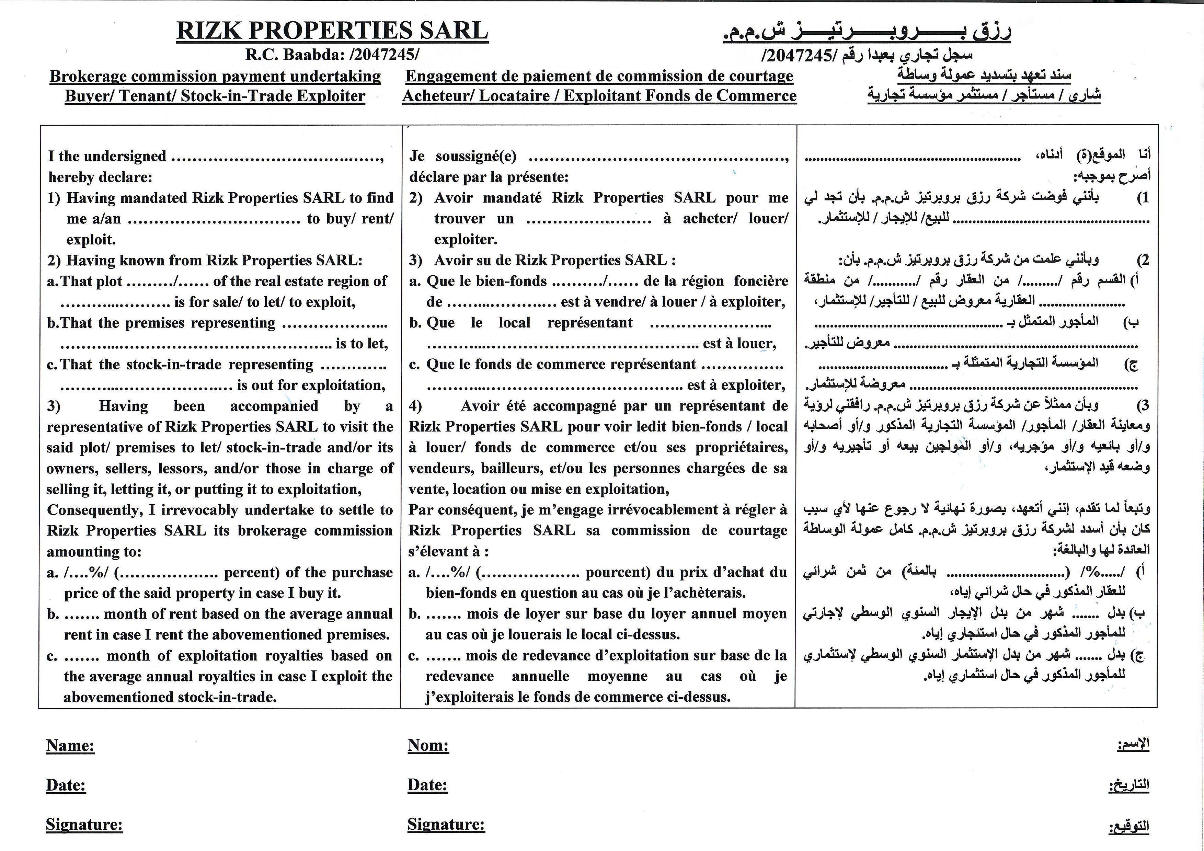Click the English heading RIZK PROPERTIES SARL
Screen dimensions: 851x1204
point(332,31)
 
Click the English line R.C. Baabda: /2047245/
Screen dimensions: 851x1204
point(332,55)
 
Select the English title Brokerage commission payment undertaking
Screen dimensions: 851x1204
point(215,76)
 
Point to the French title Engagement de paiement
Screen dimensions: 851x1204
point(599,76)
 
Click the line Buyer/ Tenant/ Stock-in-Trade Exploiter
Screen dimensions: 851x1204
point(215,96)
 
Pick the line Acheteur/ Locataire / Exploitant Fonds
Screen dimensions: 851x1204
point(599,96)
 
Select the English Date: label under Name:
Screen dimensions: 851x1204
point(66,785)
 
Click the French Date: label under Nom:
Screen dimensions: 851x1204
point(427,785)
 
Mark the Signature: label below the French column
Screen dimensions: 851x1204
point(446,824)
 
